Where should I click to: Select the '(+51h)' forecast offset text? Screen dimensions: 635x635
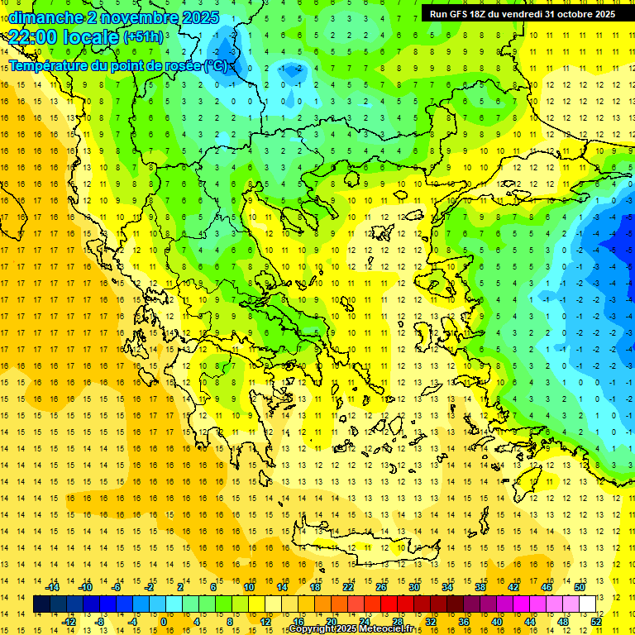(143, 37)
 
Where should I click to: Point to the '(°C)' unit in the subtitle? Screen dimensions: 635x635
(214, 64)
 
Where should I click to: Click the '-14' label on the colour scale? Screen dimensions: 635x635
(52, 587)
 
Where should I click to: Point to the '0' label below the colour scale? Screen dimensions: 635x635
(164, 621)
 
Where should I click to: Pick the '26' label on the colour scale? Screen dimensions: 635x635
(381, 587)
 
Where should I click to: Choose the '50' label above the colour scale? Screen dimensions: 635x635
(579, 587)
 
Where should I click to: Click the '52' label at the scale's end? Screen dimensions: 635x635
(596, 621)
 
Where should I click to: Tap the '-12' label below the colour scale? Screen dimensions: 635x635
(69, 621)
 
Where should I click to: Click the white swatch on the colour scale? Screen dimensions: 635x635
(587, 604)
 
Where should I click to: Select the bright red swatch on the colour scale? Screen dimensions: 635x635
(389, 604)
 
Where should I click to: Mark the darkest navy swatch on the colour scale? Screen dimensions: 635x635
(41, 604)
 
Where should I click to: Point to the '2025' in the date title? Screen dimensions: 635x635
(200, 17)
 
